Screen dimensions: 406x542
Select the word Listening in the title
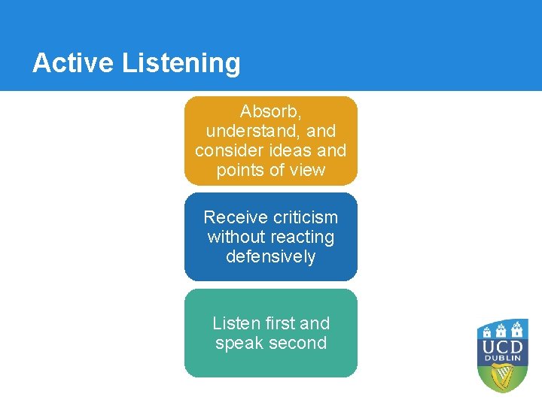(x=181, y=63)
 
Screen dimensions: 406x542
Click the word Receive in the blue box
(x=235, y=217)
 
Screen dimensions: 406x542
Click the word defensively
(x=271, y=257)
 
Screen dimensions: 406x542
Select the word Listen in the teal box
(x=236, y=323)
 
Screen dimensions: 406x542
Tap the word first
(x=279, y=323)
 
